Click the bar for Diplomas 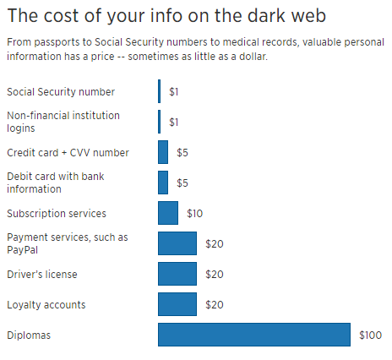(254, 335)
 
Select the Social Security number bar (160, 91)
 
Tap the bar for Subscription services (168, 213)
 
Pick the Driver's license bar (177, 274)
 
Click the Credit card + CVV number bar (163, 152)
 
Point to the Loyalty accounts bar (177, 304)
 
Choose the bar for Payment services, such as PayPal (177, 243)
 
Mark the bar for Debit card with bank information (163, 183)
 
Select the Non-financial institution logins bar (160, 122)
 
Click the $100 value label (370, 335)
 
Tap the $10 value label (194, 213)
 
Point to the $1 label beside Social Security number (173, 91)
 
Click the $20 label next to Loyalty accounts (215, 304)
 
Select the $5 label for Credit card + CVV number (182, 152)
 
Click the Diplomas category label (29, 335)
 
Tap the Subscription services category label (57, 214)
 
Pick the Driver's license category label (42, 275)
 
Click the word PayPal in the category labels (22, 250)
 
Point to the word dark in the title (267, 15)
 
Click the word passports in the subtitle (57, 42)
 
